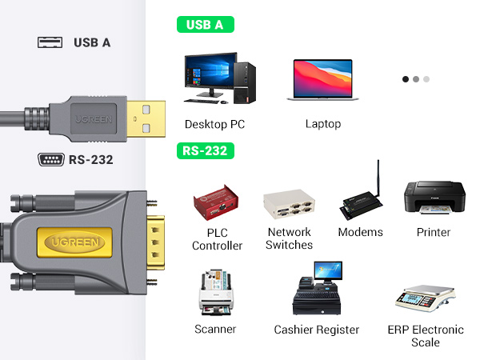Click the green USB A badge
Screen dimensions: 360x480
pos(205,25)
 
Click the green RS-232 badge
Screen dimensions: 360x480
pos(205,150)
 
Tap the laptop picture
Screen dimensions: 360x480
pos(323,80)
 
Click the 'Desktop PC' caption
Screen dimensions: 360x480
pos(214,124)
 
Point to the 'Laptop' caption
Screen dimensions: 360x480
pos(323,124)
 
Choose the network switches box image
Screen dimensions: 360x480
pos(289,206)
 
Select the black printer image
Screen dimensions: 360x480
pos(433,200)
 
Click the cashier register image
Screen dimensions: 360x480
pos(317,290)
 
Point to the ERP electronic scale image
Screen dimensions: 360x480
pos(425,297)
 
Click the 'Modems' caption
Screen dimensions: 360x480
pos(360,232)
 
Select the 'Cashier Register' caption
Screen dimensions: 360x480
pos(317,330)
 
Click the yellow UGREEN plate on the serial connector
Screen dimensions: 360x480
pos(71,240)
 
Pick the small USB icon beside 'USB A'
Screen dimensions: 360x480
pos(50,42)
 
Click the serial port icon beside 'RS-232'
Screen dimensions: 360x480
pos(50,159)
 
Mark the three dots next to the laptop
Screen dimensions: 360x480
pos(416,79)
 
